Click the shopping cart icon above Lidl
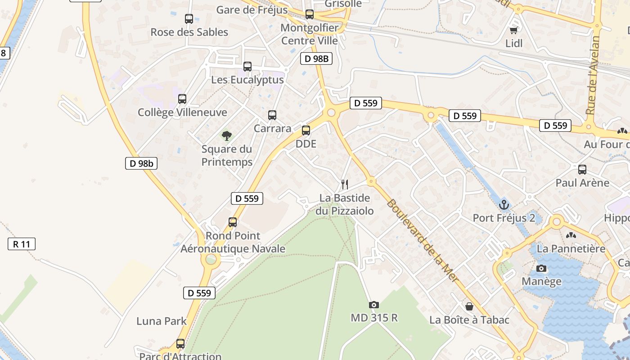(513, 30)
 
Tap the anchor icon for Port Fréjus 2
(504, 205)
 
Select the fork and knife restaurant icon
(345, 184)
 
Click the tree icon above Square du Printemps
(227, 135)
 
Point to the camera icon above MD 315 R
(373, 305)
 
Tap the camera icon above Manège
(541, 269)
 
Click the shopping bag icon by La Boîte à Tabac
(469, 306)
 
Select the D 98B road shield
(316, 58)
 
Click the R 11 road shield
(22, 244)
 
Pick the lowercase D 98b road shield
(141, 163)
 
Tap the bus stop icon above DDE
(306, 130)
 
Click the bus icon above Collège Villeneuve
(182, 99)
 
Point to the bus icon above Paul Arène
(582, 170)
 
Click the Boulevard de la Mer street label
(423, 241)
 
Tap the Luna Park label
(162, 321)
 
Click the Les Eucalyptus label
(247, 80)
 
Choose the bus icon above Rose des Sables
(189, 19)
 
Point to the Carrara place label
(272, 128)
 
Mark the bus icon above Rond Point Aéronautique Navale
(232, 222)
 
